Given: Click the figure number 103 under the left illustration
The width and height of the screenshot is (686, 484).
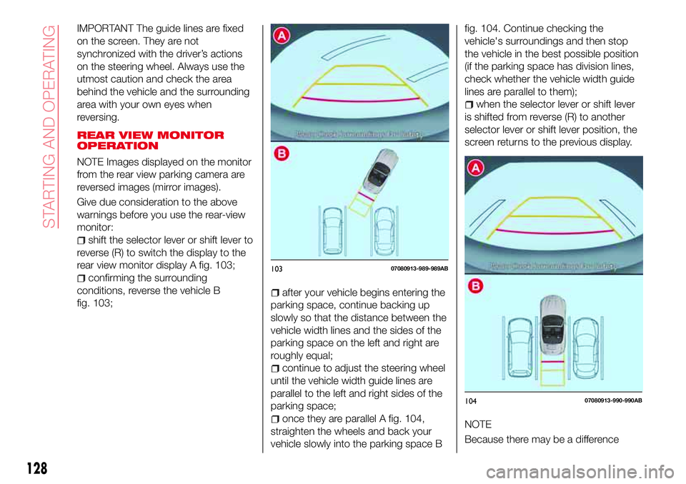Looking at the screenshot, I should pyautogui.click(x=277, y=268).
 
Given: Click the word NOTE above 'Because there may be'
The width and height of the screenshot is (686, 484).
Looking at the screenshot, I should pyautogui.click(x=478, y=425).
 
